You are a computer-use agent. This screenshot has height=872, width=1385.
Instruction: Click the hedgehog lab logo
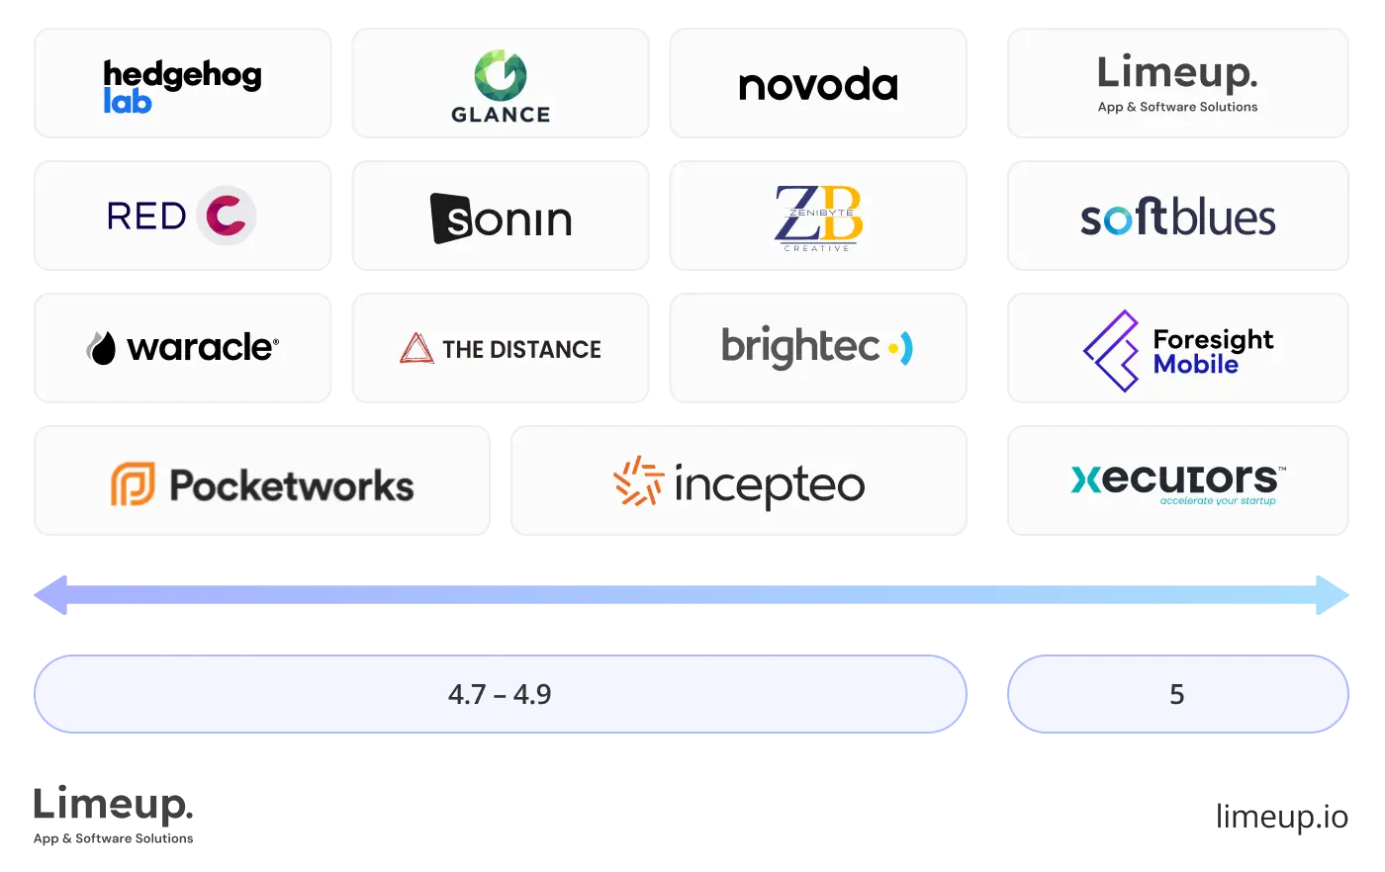pos(182,86)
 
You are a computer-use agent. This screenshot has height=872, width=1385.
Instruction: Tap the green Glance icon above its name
pos(501,75)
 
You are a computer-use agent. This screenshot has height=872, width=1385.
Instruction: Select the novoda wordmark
pos(818,86)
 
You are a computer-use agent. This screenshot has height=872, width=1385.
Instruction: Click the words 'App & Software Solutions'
pos(1177,107)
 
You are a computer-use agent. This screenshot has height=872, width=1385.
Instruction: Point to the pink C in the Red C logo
pos(227,216)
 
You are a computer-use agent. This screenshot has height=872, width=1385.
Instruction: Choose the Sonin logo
pos(502,218)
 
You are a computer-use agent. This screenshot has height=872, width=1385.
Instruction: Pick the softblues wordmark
pos(1177,218)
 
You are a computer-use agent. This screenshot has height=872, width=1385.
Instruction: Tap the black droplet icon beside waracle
pos(101,348)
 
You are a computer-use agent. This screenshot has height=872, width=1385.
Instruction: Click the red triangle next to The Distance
pos(416,348)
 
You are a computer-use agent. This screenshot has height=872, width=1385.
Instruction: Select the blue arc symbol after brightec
pos(901,348)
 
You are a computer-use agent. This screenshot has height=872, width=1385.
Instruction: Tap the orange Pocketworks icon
pos(133,484)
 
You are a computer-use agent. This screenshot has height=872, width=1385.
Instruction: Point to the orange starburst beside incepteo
pos(638,481)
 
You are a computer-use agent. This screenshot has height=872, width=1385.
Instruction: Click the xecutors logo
pos(1177,482)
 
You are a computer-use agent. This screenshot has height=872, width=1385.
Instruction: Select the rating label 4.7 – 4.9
pos(500,694)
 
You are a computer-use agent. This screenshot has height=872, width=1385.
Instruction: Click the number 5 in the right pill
pos(1176,694)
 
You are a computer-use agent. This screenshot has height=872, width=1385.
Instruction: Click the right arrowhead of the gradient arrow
pos(1332,594)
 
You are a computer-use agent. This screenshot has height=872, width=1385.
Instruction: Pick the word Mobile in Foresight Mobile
pos(1196,365)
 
